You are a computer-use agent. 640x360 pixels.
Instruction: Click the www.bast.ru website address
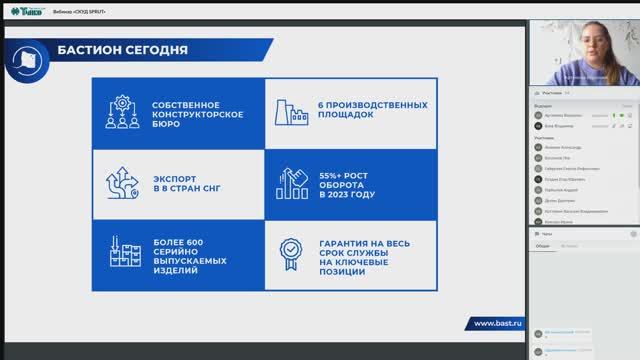pyautogui.click(x=496, y=323)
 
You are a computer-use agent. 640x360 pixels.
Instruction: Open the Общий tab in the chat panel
pyautogui.click(x=542, y=244)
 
